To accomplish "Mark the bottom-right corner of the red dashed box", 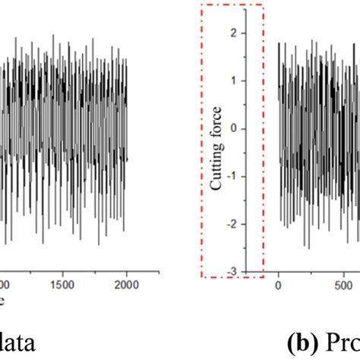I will [263, 276].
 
